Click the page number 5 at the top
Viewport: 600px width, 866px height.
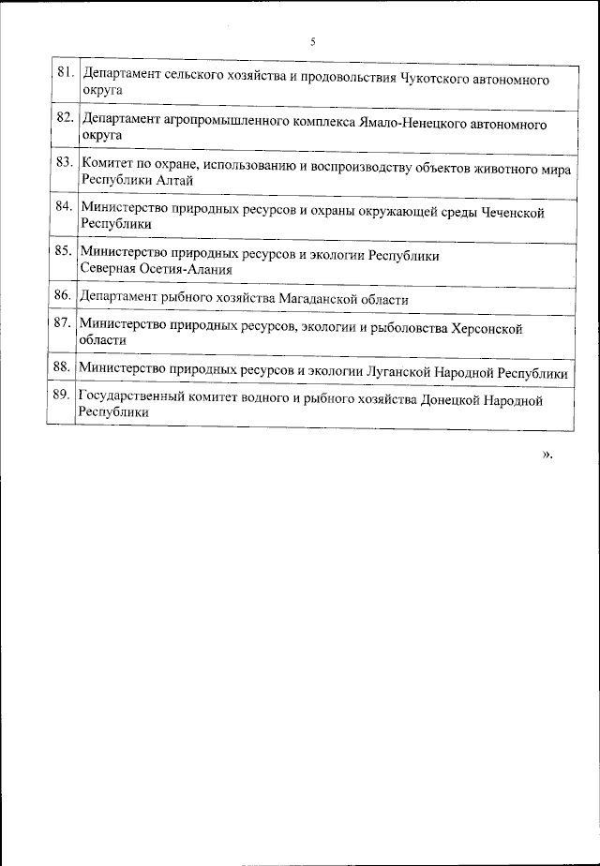click(312, 41)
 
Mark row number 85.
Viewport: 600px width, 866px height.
click(64, 252)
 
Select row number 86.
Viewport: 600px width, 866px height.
click(64, 296)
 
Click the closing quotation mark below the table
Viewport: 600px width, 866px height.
click(547, 455)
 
